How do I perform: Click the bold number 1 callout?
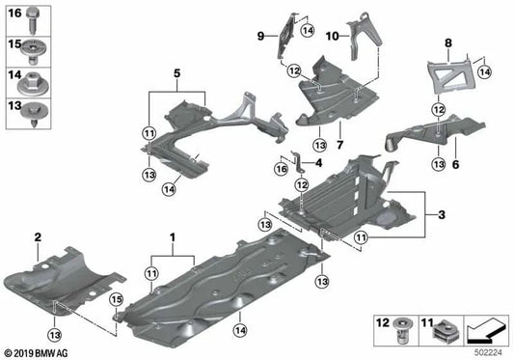[x=175, y=236]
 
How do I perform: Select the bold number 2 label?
[x=37, y=236]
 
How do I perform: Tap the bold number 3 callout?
[x=442, y=212]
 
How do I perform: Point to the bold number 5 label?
[x=176, y=73]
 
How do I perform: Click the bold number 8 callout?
[x=447, y=43]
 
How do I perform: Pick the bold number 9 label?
[x=259, y=36]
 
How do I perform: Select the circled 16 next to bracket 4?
[x=281, y=168]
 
